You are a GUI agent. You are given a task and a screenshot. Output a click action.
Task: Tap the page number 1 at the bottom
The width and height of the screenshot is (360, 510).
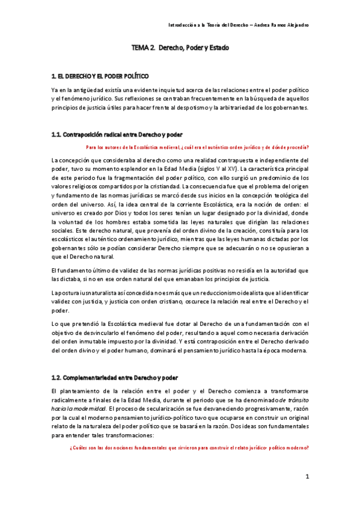(x=307, y=477)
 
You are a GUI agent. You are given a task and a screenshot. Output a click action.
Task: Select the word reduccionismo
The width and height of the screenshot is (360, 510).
(x=180, y=292)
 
